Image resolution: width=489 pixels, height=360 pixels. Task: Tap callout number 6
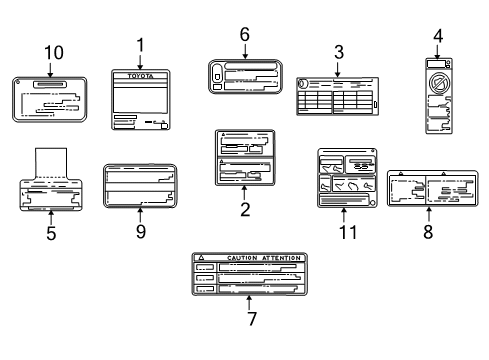click(x=244, y=33)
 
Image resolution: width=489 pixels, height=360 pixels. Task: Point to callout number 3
click(x=339, y=49)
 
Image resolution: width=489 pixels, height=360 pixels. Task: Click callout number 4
click(x=437, y=37)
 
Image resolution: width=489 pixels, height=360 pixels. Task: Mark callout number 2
click(x=244, y=209)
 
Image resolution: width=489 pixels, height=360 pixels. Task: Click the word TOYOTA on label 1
click(x=139, y=75)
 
